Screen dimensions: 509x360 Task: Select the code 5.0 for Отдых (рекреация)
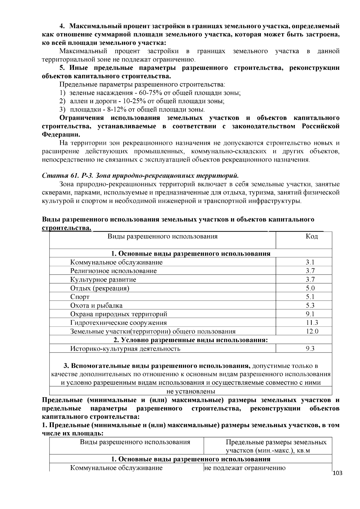click(310, 288)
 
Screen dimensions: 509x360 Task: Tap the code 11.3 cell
click(312, 323)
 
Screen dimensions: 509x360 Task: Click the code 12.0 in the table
click(312, 331)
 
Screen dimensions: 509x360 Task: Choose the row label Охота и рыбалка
click(96, 306)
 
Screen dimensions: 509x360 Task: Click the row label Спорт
click(80, 297)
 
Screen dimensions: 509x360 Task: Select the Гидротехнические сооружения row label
click(118, 323)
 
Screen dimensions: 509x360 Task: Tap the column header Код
click(311, 237)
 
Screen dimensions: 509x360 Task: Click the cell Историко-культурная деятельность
click(125, 349)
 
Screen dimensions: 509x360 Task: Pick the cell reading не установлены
click(191, 391)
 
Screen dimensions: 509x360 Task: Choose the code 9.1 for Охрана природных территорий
click(310, 314)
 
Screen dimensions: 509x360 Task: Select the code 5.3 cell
click(310, 306)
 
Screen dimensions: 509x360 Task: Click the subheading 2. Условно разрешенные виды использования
click(191, 340)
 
